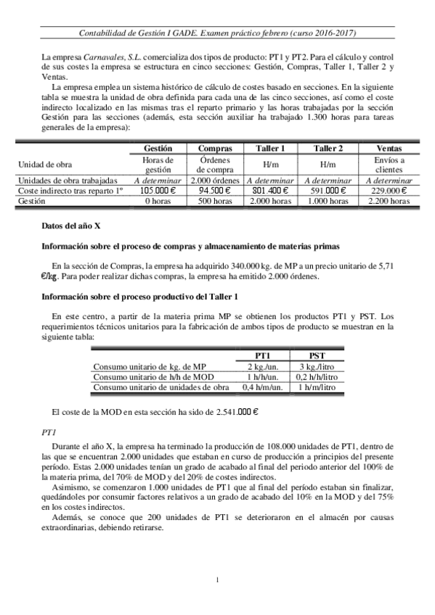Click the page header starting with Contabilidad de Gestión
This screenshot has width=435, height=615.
pos(217,33)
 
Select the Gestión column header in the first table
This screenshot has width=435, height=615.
pos(158,147)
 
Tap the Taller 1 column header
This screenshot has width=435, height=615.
pos(269,147)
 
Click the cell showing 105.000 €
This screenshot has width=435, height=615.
pos(158,191)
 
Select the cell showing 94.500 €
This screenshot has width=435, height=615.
pos(215,191)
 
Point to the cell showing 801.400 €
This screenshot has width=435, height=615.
pos(269,191)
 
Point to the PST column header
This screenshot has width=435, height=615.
pos(317,355)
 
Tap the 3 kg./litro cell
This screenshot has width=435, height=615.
pos(317,366)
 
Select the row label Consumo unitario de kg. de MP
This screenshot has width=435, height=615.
pos(150,366)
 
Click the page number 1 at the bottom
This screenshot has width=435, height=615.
pos(218,579)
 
